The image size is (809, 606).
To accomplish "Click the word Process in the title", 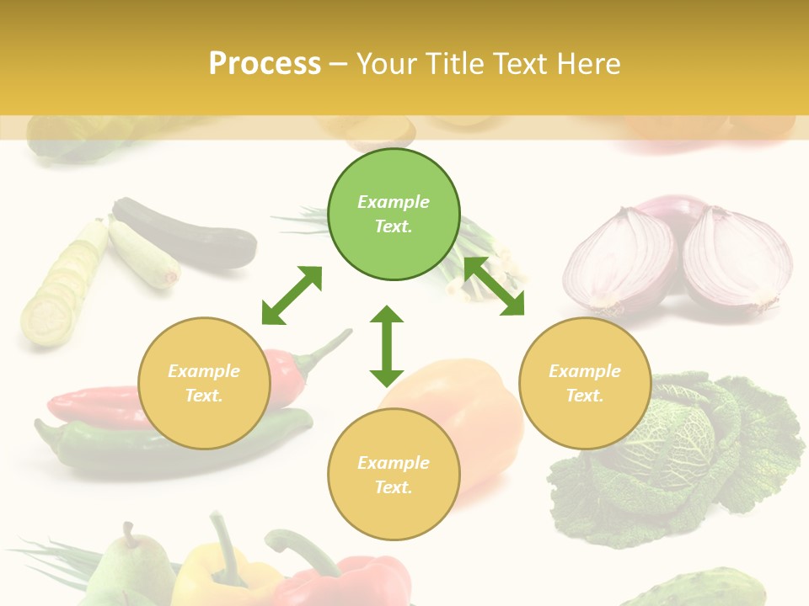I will pyautogui.click(x=265, y=64).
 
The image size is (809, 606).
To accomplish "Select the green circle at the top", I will pyautogui.click(x=394, y=214).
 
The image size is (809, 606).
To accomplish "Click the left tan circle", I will pyautogui.click(x=204, y=383).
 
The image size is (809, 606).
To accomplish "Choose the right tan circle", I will pyautogui.click(x=585, y=383).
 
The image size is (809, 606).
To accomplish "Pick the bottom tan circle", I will pyautogui.click(x=394, y=475).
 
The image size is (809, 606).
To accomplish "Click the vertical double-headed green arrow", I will pyautogui.click(x=387, y=346).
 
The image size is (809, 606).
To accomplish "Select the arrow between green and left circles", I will pyautogui.click(x=292, y=295).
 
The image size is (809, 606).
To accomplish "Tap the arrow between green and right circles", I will pyautogui.click(x=494, y=286).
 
